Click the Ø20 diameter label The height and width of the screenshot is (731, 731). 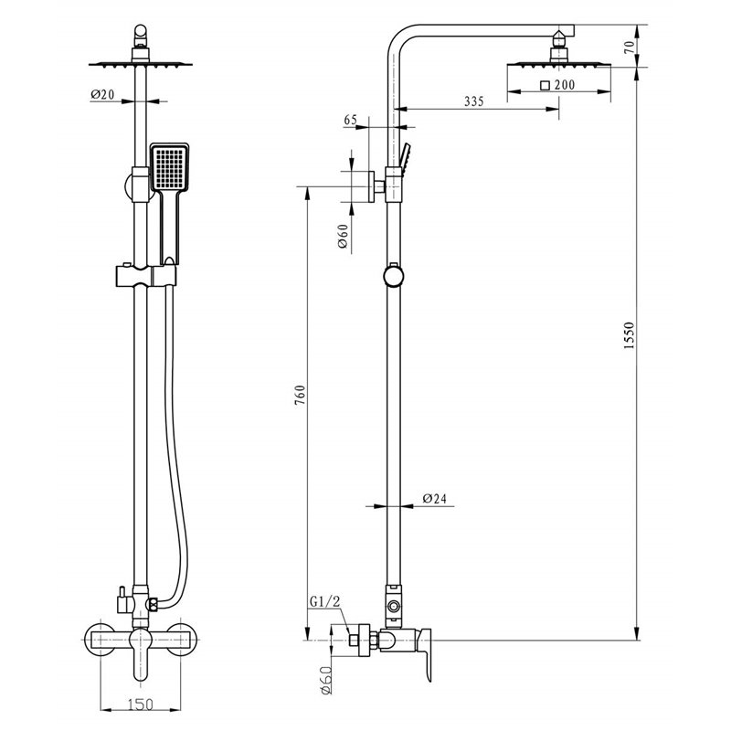tap(102, 94)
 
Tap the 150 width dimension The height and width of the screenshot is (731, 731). tap(141, 704)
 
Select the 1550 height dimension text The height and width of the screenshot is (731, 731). tap(630, 335)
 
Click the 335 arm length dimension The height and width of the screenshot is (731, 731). tap(474, 101)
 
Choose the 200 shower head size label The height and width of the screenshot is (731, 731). tap(565, 85)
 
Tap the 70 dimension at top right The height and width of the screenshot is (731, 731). tap(629, 47)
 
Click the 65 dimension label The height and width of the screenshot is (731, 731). tap(351, 120)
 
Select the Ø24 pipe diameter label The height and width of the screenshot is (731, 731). tap(435, 498)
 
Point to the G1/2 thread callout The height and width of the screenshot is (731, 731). tap(325, 601)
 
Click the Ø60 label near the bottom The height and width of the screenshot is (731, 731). tap(327, 679)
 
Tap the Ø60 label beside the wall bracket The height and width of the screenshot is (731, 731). tap(344, 237)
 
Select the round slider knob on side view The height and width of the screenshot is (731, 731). tap(394, 276)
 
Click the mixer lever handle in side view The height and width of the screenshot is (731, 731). tap(425, 654)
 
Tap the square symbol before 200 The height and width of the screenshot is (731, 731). tap(545, 85)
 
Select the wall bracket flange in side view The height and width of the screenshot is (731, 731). tap(372, 186)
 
